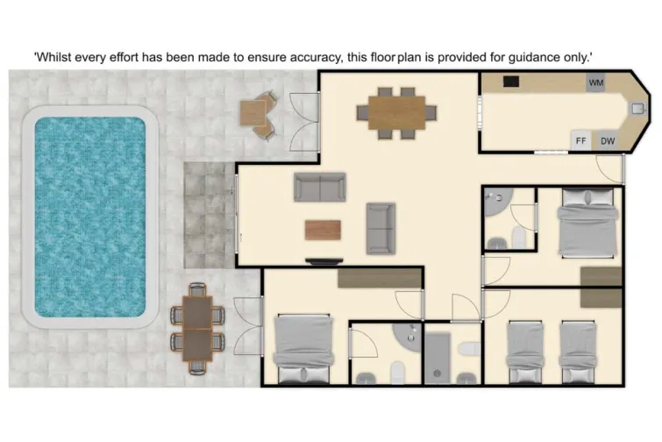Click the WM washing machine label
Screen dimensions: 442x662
[x=596, y=82]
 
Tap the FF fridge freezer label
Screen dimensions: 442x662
[x=580, y=140]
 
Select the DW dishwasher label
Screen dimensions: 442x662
[x=607, y=140]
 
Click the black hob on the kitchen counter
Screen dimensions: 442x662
[x=511, y=82]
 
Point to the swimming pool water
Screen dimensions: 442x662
[x=89, y=217]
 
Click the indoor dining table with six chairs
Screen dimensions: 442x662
[x=396, y=111]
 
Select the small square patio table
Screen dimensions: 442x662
[x=253, y=113]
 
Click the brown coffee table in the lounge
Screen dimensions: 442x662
[x=321, y=230]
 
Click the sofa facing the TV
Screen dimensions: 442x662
[x=320, y=186]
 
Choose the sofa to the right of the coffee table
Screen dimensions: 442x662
[x=381, y=226]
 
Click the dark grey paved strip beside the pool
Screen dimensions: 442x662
[x=208, y=214]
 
